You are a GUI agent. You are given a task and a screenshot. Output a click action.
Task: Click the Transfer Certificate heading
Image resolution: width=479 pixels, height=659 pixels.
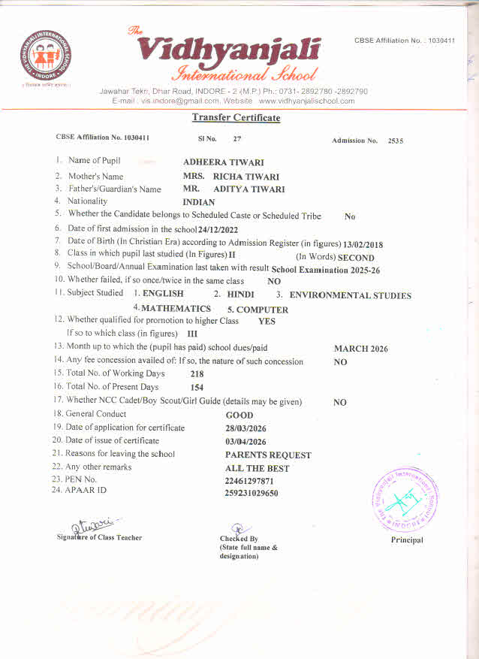[236, 118]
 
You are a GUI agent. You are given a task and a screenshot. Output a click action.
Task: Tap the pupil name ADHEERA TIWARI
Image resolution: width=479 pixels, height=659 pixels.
[223, 162]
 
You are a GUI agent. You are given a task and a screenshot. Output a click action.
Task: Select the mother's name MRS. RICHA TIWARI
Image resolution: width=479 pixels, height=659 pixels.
[230, 177]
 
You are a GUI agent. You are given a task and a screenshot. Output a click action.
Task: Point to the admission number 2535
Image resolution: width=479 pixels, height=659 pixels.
[395, 141]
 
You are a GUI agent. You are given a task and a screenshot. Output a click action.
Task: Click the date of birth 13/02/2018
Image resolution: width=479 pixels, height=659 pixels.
[363, 243]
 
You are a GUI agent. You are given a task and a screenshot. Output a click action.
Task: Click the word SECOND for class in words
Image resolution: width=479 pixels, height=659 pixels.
[356, 258]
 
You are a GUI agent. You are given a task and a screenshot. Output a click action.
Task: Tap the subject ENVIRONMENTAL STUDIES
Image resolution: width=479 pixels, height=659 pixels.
[350, 295]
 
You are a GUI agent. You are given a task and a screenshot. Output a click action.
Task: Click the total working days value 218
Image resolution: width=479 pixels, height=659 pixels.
[197, 373]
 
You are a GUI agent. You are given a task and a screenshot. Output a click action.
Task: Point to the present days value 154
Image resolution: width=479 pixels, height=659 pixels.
[197, 388]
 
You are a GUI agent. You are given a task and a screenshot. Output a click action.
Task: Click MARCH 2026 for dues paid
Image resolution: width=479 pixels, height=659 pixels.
[360, 349]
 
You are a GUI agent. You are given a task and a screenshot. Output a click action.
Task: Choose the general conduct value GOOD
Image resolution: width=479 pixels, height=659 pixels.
[239, 415]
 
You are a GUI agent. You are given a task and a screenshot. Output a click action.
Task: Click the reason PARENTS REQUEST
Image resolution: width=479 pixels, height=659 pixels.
[268, 455]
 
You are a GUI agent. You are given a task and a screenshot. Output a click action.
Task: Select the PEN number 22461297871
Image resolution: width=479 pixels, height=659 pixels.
[249, 481]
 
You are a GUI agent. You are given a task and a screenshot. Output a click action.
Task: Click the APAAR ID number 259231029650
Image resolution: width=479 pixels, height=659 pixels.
[251, 494]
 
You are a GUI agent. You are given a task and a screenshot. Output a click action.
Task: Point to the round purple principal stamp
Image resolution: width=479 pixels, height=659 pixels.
[405, 498]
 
